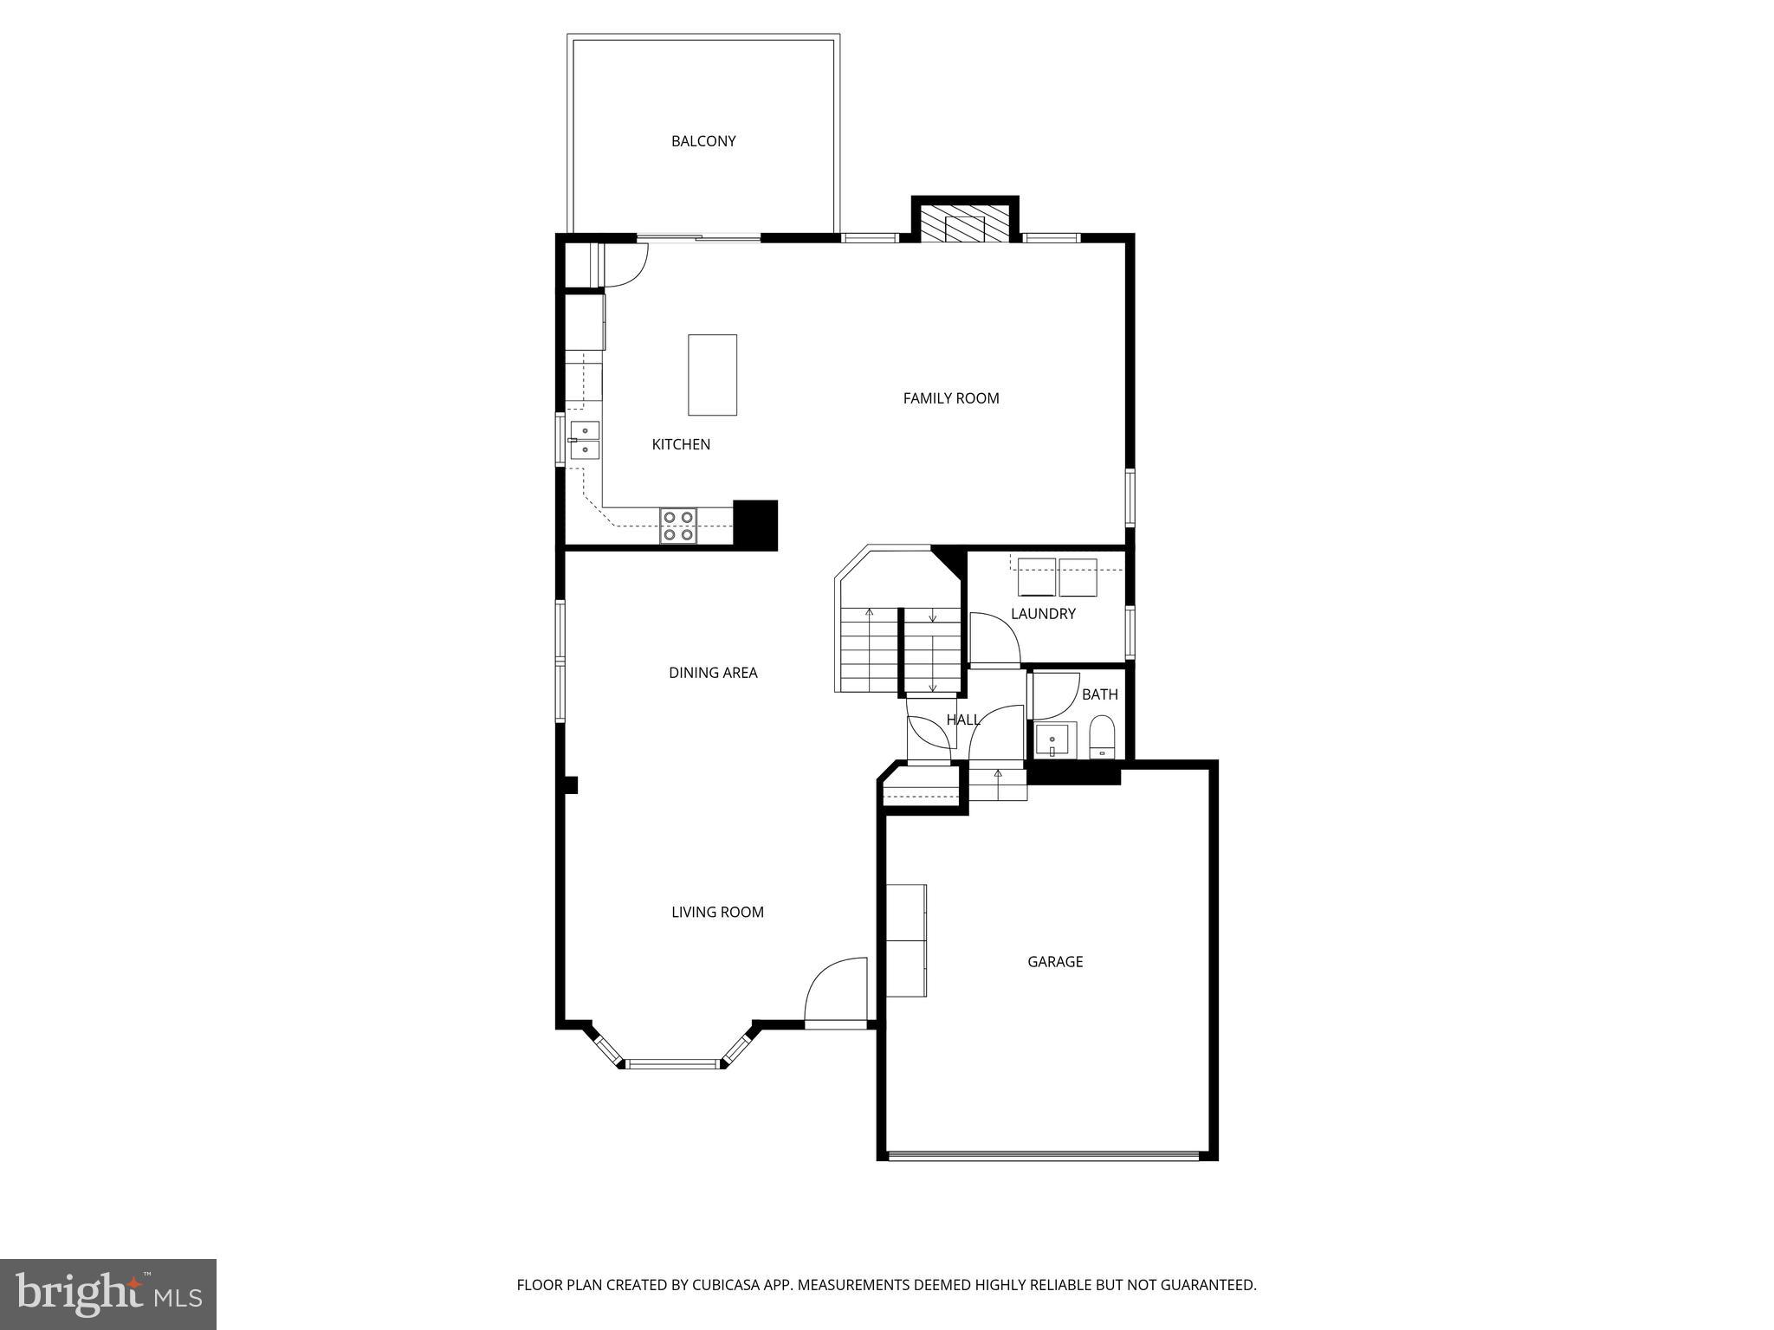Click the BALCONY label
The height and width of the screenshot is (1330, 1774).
coord(702,141)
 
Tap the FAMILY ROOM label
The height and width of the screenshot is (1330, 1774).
coord(950,398)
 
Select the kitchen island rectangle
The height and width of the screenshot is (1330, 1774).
coord(712,375)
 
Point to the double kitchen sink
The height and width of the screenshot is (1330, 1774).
coord(585,439)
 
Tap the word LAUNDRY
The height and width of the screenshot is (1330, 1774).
coord(1042,614)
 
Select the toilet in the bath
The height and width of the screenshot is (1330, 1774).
coord(1101,737)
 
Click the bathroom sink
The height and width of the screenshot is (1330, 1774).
coord(1053,741)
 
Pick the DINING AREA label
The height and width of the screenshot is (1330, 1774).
coord(712,673)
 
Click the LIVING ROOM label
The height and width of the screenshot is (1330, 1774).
coord(717,912)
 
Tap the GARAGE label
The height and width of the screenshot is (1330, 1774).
coord(1054,962)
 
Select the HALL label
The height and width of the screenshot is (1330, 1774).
coord(962,720)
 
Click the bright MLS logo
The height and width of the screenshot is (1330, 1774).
coord(107,1294)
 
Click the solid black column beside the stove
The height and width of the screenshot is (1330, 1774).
coord(754,525)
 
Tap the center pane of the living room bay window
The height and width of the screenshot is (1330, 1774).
coord(672,1063)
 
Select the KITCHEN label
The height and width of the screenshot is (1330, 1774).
coord(680,444)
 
